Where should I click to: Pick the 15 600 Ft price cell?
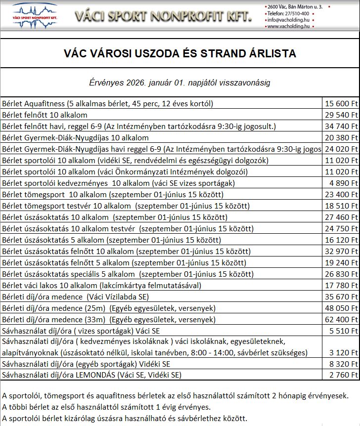(x=341, y=104)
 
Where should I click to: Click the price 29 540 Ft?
(x=341, y=115)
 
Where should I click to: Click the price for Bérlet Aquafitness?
(x=341, y=104)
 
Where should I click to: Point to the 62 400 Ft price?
(x=341, y=319)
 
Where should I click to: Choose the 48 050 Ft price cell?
(x=341, y=308)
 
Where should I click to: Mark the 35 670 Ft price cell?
(x=341, y=297)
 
